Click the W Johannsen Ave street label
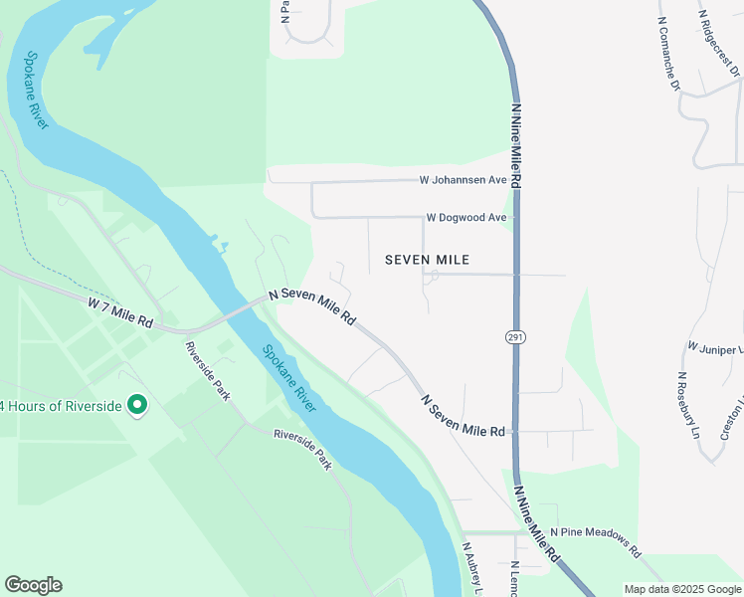463,181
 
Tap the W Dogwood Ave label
466,217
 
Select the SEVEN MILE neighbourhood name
427,260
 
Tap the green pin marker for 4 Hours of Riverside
138,405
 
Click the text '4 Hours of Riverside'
61,406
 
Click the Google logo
33,585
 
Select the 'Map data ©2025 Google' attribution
681,588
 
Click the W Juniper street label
715,348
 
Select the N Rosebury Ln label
690,405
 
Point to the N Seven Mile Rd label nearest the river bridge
312,306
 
